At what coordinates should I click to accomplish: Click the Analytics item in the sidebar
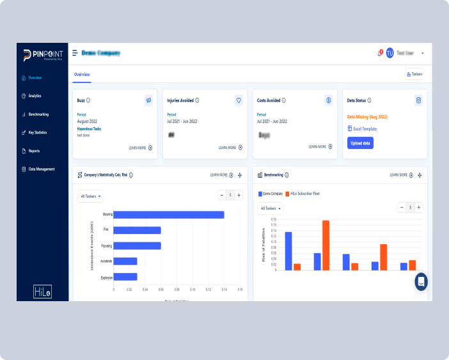click(x=35, y=96)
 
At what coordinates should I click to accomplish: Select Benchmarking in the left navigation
click(x=38, y=114)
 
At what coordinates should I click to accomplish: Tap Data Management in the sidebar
click(x=41, y=169)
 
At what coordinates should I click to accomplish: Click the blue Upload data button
click(x=360, y=143)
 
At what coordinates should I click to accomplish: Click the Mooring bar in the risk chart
click(x=169, y=215)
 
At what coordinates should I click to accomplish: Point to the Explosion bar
click(x=125, y=277)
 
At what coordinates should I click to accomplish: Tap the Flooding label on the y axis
click(x=107, y=246)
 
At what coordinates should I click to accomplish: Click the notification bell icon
click(x=379, y=53)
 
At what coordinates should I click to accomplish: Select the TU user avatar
click(x=390, y=53)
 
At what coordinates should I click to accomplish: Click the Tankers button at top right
click(x=414, y=74)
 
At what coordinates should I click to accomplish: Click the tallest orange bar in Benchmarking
click(x=326, y=245)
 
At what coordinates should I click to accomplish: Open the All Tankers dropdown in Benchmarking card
click(x=271, y=208)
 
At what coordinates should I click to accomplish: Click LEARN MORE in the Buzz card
click(x=140, y=148)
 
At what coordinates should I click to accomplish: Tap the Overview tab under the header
click(x=82, y=74)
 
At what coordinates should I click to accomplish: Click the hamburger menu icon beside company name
click(x=75, y=53)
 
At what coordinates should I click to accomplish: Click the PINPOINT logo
click(x=41, y=55)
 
